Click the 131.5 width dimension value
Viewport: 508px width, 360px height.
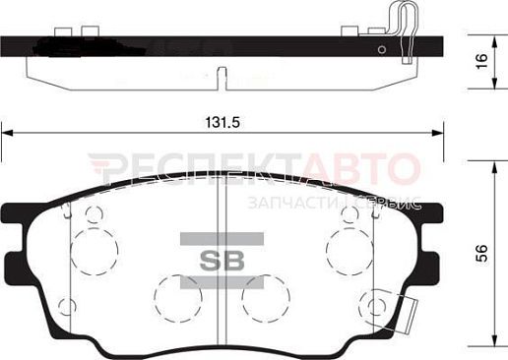click(x=222, y=123)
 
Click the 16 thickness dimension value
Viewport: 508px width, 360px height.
click(x=482, y=61)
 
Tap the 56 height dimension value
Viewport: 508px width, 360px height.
click(x=482, y=253)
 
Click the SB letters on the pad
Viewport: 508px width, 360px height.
click(x=222, y=261)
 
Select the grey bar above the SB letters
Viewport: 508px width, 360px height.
click(x=222, y=239)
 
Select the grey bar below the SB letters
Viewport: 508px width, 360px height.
click(x=222, y=282)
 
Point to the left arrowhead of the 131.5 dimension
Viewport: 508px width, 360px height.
click(x=7, y=133)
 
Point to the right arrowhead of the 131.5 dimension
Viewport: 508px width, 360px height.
click(x=437, y=133)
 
